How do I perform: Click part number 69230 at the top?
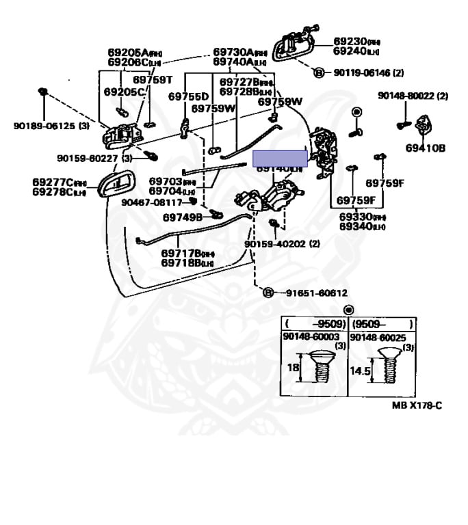point(351,41)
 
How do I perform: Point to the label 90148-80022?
point(408,96)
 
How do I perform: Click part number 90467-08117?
point(152,202)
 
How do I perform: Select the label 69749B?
point(183,217)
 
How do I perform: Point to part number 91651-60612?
point(313,293)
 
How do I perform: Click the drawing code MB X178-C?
point(417,405)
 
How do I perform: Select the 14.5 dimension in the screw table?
point(360,373)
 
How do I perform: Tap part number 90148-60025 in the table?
point(377,337)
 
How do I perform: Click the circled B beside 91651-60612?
point(269,293)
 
